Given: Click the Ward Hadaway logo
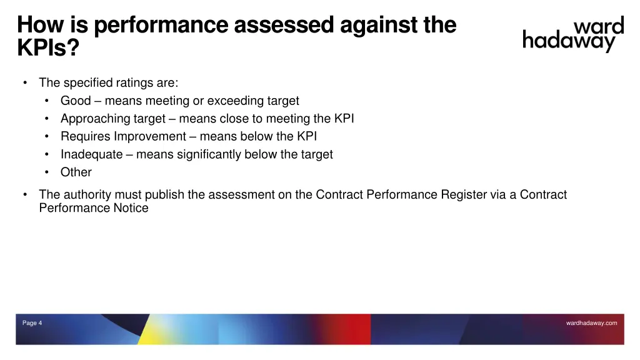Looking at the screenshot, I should pyautogui.click(x=572, y=35).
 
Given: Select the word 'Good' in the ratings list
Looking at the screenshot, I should pyautogui.click(x=76, y=101).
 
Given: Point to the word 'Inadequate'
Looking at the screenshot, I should pyautogui.click(x=91, y=154).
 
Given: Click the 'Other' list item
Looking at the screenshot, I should pyautogui.click(x=76, y=172).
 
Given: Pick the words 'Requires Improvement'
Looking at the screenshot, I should pyautogui.click(x=123, y=136).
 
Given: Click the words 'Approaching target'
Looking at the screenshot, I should pyautogui.click(x=112, y=119).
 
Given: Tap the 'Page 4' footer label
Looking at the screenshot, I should pyautogui.click(x=32, y=323).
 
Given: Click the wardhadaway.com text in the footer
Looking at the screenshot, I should pyautogui.click(x=591, y=323).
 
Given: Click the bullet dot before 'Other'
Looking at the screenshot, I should pyautogui.click(x=47, y=172).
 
